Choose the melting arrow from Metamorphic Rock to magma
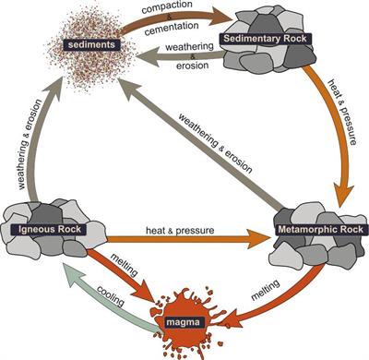pyautogui.click(x=263, y=300)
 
